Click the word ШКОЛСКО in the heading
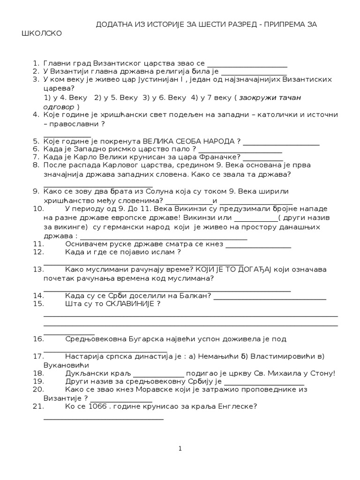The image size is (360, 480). pos(42,34)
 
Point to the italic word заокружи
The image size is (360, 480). pos(259,97)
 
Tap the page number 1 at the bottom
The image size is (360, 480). pos(180,449)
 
